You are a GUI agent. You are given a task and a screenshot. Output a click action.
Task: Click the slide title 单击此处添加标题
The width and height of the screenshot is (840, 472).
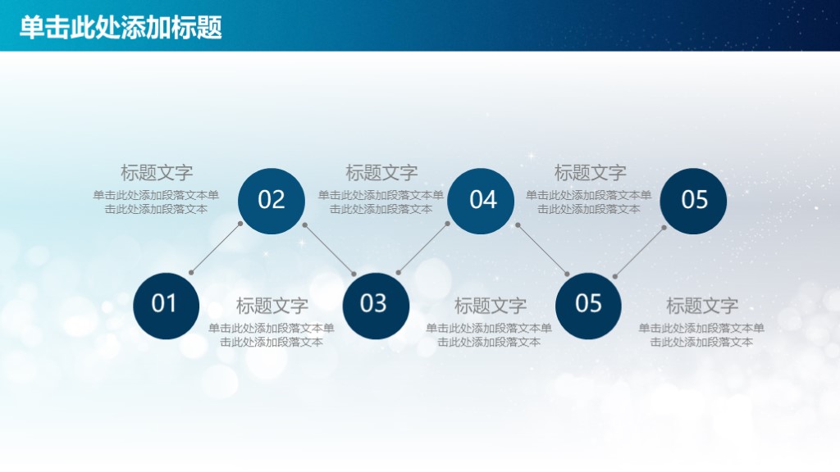[121, 28]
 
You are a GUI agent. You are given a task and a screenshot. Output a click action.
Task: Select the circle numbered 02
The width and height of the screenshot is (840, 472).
[272, 200]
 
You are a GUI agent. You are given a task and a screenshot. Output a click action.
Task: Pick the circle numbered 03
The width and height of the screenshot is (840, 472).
[375, 304]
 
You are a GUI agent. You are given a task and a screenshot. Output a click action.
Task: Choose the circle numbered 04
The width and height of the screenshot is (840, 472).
[482, 200]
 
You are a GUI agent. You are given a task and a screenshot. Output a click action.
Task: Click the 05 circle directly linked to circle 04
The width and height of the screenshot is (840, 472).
[588, 304]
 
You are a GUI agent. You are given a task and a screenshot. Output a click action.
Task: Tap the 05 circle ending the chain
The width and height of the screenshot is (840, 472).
[693, 200]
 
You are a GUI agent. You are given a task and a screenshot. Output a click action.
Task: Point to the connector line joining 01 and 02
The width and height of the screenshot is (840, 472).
[216, 247]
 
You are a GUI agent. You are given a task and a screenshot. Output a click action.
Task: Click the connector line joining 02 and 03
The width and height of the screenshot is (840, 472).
[330, 249]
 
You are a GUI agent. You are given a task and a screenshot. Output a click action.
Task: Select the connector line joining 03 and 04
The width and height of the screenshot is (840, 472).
[423, 247]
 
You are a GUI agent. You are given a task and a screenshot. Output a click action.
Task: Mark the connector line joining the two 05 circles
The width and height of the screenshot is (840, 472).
[640, 250]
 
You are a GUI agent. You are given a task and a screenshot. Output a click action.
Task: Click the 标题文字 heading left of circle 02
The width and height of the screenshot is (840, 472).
[157, 173]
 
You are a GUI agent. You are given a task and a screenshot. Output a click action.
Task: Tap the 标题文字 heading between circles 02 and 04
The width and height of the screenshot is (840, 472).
[381, 173]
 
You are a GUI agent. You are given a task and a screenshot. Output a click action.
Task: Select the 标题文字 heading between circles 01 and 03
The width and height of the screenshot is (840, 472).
[272, 306]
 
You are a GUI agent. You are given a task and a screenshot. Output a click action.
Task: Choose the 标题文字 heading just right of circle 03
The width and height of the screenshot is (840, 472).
[491, 306]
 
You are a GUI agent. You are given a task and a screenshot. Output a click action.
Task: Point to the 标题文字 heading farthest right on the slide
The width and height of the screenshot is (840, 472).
[702, 306]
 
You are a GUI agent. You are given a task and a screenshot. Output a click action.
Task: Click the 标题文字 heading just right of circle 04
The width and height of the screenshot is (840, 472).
[591, 173]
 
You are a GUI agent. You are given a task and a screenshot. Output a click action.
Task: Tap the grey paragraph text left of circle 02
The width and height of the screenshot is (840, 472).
[156, 202]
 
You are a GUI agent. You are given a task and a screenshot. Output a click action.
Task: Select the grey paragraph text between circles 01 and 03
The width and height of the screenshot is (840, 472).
[272, 335]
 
